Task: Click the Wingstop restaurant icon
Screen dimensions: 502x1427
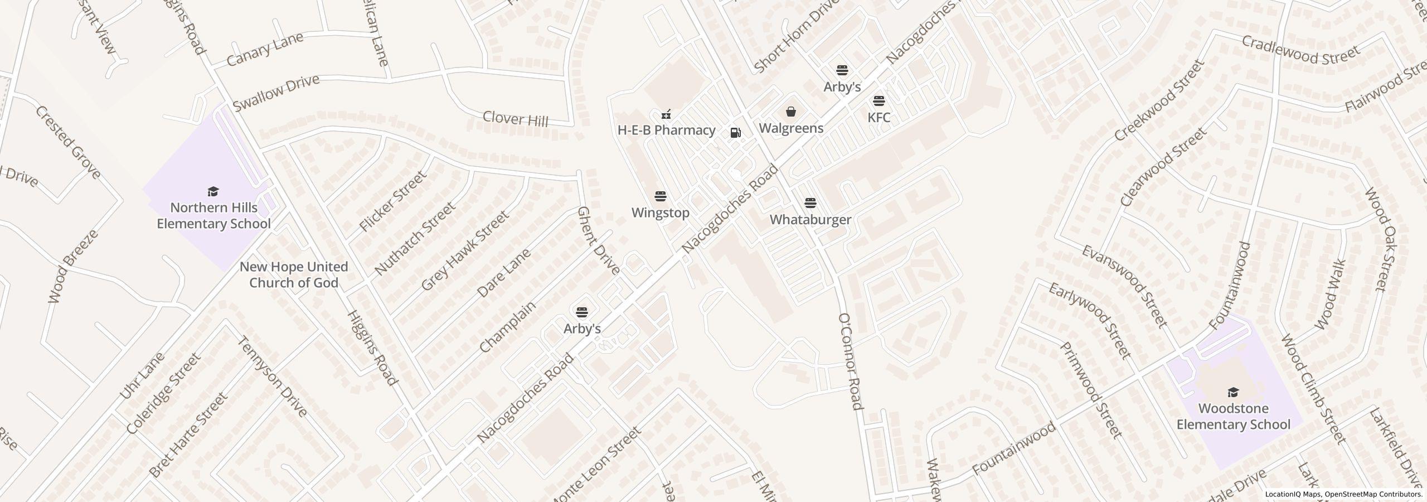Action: point(661,196)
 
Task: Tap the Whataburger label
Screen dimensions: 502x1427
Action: point(810,219)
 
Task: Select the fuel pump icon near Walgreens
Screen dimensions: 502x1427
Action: point(736,132)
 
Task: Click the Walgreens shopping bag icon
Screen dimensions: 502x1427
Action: point(791,112)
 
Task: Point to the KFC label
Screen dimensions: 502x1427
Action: point(879,117)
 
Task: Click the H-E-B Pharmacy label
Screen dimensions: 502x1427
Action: point(666,130)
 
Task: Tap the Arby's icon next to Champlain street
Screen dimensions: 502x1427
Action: point(582,311)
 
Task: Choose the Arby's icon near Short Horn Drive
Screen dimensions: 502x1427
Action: point(842,70)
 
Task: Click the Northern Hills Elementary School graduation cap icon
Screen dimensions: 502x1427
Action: point(213,192)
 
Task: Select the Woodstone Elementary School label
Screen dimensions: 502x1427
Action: point(1233,417)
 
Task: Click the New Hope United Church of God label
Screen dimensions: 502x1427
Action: point(294,274)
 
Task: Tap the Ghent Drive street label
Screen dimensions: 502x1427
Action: point(598,240)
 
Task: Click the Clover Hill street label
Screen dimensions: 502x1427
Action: point(515,118)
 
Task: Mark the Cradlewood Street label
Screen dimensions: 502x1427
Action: point(1300,50)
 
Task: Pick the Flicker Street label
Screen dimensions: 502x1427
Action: point(392,201)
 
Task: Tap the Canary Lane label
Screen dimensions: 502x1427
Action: point(265,49)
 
